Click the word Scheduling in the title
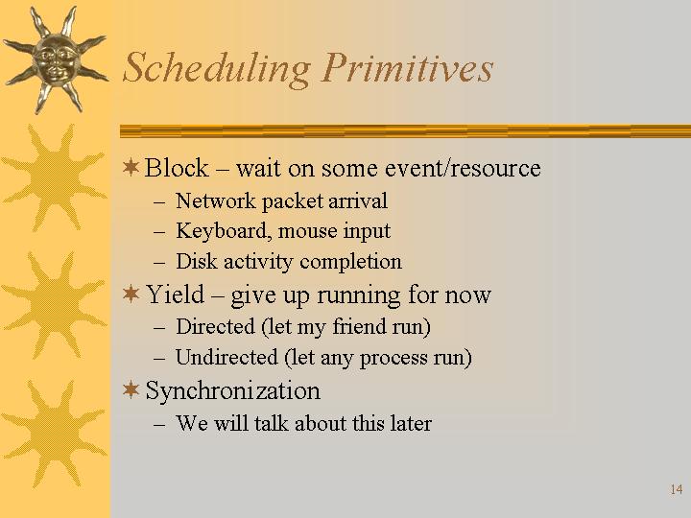pos(217,69)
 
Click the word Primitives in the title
pos(408,67)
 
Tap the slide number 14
pos(677,489)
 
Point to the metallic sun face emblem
pos(55,59)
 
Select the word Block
pos(177,168)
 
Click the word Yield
pos(176,294)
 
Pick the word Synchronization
pos(232,391)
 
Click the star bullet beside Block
pos(131,167)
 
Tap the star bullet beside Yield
pos(131,294)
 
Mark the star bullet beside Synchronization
pos(131,389)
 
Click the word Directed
pos(216,326)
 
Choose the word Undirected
pos(226,357)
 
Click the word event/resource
pos(463,168)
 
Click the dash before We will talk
pos(159,425)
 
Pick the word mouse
pos(307,232)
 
